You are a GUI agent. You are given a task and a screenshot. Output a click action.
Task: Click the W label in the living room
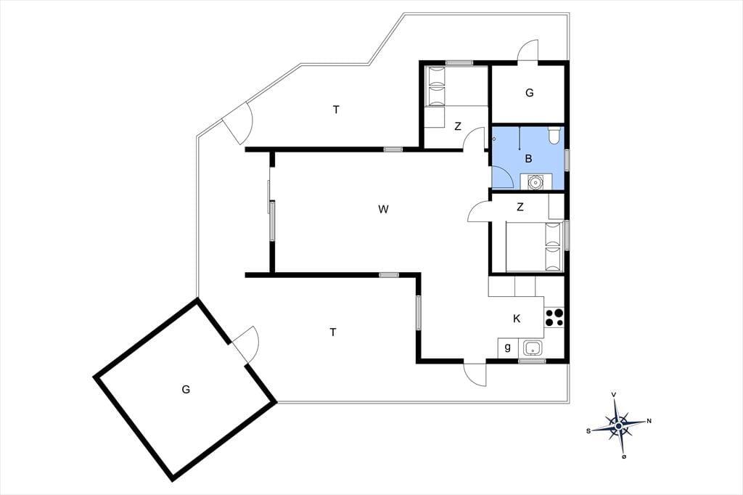coord(383,209)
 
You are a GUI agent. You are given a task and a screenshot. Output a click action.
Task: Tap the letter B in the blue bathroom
coord(528,159)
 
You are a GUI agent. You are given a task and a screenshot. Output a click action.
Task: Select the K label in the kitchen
coord(517,319)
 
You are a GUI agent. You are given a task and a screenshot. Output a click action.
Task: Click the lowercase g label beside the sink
coord(507,348)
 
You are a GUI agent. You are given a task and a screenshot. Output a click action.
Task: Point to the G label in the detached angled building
coord(186,389)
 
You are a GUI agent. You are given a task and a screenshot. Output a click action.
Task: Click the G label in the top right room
coord(529,93)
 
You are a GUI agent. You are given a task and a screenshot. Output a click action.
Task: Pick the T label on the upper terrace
coord(336,110)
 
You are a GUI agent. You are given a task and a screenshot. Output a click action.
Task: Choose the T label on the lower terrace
coord(333,332)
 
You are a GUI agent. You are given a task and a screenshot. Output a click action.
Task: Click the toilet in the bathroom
coord(554,135)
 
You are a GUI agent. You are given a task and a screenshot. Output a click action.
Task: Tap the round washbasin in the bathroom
coord(535,181)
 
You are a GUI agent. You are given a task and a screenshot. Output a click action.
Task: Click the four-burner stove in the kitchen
coord(554,318)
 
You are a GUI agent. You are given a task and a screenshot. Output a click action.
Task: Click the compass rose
coord(618,425)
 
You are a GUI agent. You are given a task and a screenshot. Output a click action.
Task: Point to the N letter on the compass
coord(649,420)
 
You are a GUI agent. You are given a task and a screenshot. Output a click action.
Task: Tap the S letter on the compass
coord(588,431)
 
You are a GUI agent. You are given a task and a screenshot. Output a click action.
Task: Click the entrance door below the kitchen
coord(475,374)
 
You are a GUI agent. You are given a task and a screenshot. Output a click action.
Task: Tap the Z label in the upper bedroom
coord(457,126)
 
